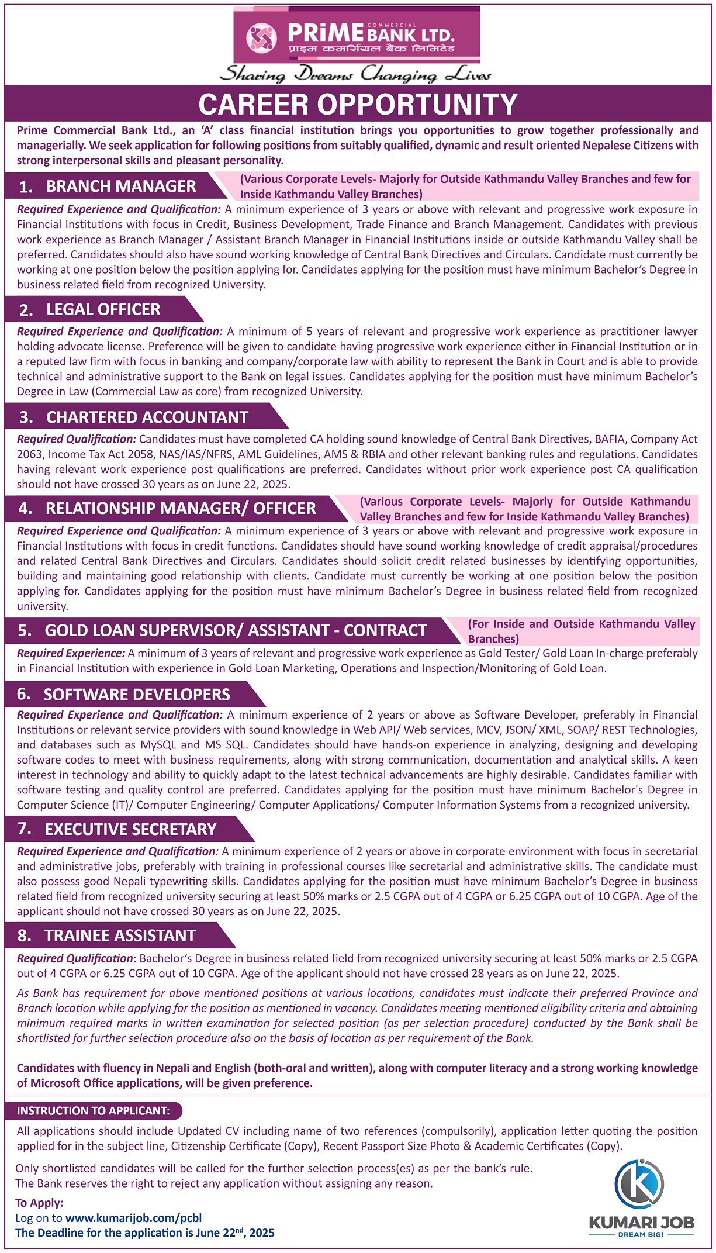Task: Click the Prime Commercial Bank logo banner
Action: coord(357,35)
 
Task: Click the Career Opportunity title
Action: coord(358,105)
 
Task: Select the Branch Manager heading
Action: coord(120,187)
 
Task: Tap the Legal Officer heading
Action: coord(103,310)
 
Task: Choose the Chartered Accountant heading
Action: coord(147,417)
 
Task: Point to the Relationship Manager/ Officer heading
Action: coord(180,509)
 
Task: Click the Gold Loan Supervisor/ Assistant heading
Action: coord(235,631)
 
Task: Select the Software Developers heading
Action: coord(137,695)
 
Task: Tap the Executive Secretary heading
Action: coord(130,830)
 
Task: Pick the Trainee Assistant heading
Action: coord(120,936)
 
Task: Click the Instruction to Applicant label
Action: coord(94,1111)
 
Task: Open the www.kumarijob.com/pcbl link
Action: coord(133,1219)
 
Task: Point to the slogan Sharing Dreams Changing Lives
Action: coord(355,75)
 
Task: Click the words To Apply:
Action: coord(39,1203)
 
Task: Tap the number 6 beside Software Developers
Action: coord(23,694)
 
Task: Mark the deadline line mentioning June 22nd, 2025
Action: coord(145,1233)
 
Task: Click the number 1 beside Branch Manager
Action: coord(25,187)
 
